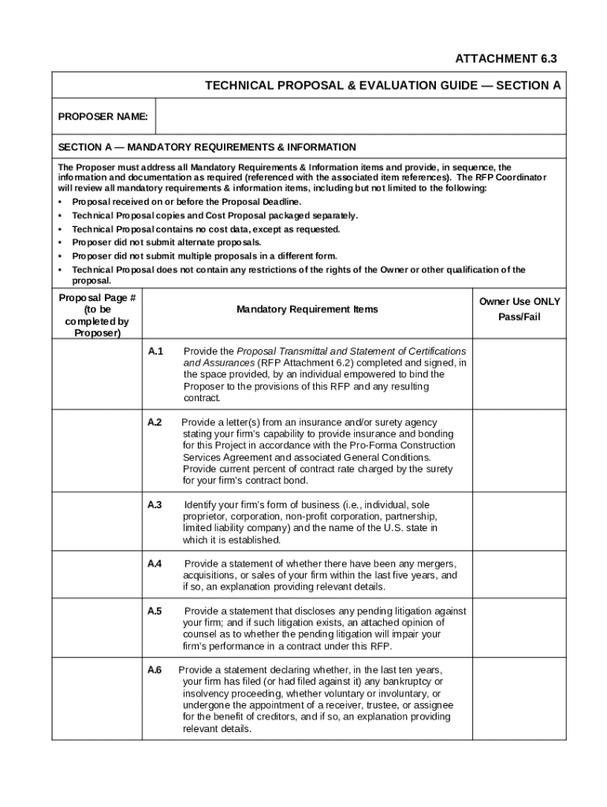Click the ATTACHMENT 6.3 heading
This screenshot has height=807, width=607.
point(500,59)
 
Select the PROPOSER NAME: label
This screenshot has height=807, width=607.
point(103,117)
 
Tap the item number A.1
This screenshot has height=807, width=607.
point(155,351)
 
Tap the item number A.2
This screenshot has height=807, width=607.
point(155,422)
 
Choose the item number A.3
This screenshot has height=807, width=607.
point(155,504)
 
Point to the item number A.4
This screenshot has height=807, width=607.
point(155,563)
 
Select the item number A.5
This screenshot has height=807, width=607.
point(155,611)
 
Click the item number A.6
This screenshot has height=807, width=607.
point(155,670)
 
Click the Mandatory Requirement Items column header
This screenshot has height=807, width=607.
point(307,310)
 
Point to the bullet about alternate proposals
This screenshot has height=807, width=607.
point(166,242)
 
